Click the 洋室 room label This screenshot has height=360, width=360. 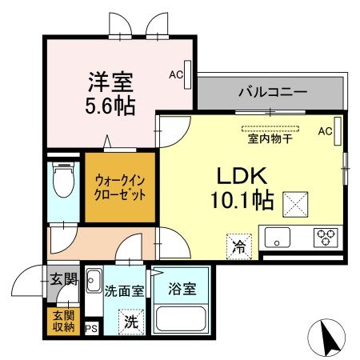click(110, 82)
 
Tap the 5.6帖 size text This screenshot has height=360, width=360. click(110, 104)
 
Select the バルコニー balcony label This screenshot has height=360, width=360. click(272, 93)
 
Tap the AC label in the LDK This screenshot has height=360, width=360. click(325, 130)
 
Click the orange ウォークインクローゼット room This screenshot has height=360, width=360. click(119, 187)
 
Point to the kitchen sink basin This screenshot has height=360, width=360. click(279, 238)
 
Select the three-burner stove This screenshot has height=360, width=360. click(326, 238)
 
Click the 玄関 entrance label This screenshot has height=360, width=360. click(64, 279)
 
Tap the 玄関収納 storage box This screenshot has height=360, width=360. click(65, 320)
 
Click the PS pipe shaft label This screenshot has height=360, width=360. click(91, 328)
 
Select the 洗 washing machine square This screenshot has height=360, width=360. click(130, 322)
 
